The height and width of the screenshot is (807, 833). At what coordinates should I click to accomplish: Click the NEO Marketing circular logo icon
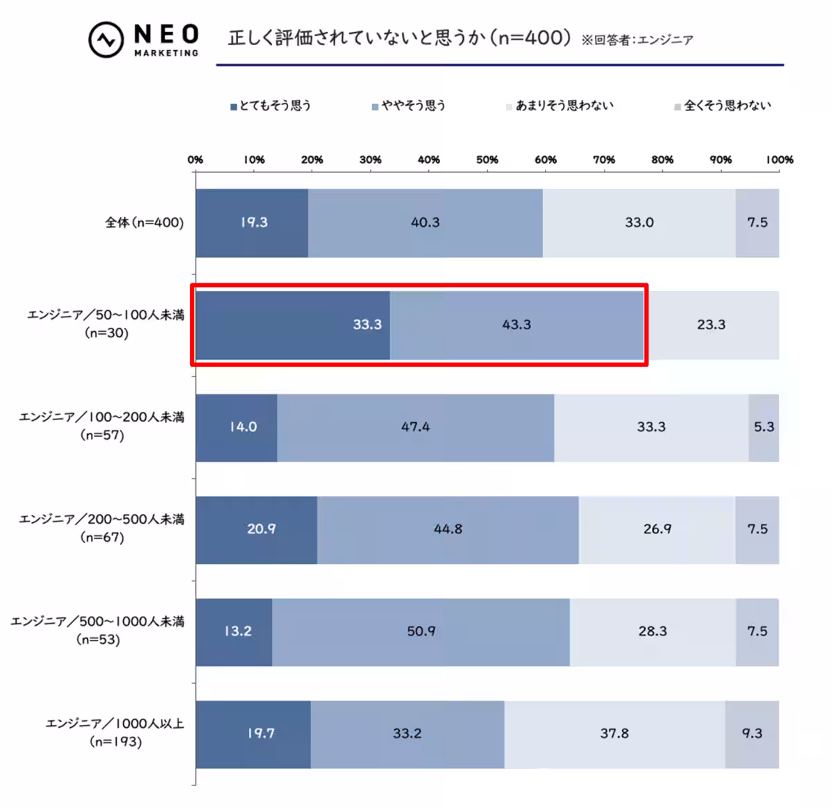point(106,40)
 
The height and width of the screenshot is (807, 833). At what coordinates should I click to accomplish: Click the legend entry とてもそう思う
point(271,106)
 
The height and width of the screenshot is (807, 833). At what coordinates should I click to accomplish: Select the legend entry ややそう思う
point(409,106)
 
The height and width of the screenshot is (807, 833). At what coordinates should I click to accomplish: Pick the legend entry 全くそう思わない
point(723,106)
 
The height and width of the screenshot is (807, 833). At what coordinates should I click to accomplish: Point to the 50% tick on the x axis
point(487,160)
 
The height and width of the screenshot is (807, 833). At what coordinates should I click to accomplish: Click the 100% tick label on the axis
point(779,160)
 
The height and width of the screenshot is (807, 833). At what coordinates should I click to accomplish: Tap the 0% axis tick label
point(196,160)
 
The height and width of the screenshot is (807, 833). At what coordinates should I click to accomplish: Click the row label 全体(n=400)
point(144,223)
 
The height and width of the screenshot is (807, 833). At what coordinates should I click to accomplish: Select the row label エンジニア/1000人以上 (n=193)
point(115,733)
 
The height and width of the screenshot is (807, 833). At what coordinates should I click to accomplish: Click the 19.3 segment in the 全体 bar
point(252,223)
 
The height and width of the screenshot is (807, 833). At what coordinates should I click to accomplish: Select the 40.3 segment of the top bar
point(426,223)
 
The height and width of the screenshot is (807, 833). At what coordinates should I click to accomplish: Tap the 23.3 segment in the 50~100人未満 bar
point(712,325)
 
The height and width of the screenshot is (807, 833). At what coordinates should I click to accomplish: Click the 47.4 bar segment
point(415,427)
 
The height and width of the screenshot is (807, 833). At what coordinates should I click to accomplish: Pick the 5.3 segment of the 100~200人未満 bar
point(764,427)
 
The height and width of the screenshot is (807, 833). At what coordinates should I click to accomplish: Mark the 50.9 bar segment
point(421,631)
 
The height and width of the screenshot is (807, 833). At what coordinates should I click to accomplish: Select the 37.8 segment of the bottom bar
point(614,733)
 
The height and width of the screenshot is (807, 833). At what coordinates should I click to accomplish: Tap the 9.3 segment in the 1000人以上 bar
point(752,733)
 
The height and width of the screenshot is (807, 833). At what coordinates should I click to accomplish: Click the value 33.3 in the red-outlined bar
point(367,325)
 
